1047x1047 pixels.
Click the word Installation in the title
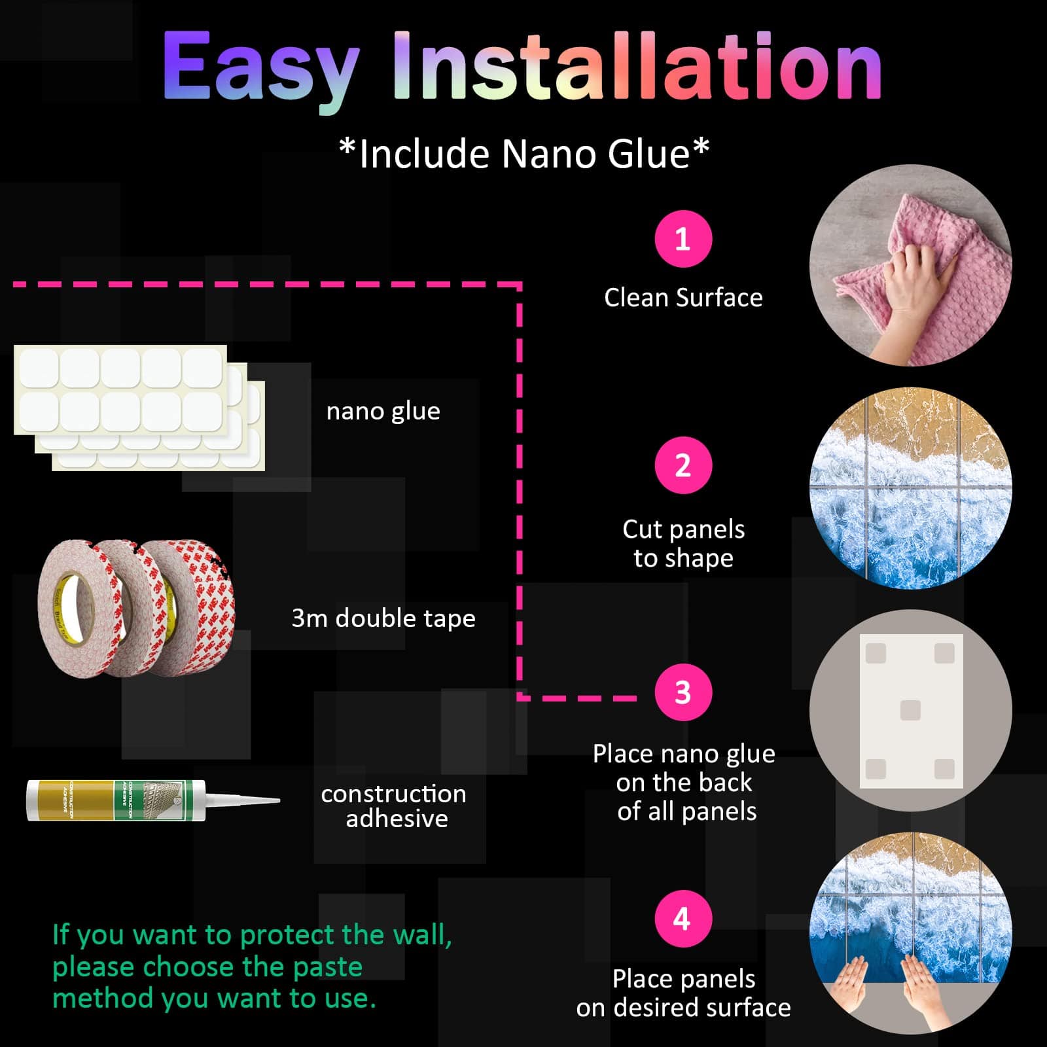pyautogui.click(x=637, y=65)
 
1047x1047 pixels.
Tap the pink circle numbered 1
pyautogui.click(x=683, y=239)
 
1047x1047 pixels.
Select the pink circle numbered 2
pyautogui.click(x=683, y=465)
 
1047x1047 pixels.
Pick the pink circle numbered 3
pyautogui.click(x=683, y=692)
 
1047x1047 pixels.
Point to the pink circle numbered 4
pyautogui.click(x=683, y=919)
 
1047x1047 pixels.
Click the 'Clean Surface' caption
pyautogui.click(x=683, y=298)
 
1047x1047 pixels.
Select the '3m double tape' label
pyautogui.click(x=383, y=618)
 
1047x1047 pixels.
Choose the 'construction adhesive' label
pyautogui.click(x=394, y=806)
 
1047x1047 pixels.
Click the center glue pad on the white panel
pyautogui.click(x=910, y=710)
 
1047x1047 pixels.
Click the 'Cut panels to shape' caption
pyautogui.click(x=683, y=544)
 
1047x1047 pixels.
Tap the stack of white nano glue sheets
pyautogui.click(x=139, y=408)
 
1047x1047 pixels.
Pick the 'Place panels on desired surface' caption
pyautogui.click(x=683, y=993)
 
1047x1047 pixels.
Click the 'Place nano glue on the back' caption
pyautogui.click(x=683, y=768)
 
